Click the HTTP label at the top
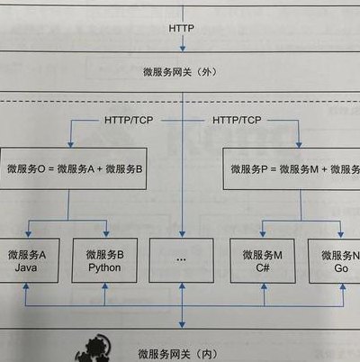pyautogui.click(x=182, y=28)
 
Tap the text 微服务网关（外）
pyautogui.click(x=180, y=72)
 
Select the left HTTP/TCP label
pyautogui.click(x=129, y=121)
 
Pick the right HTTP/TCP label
pyautogui.click(x=237, y=121)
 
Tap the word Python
pyautogui.click(x=104, y=267)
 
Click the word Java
pyautogui.click(x=26, y=267)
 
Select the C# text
pyautogui.click(x=263, y=267)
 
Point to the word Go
pyautogui.click(x=341, y=267)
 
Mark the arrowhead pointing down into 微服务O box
pyautogui.click(x=71, y=144)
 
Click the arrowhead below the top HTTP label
pyautogui.click(x=183, y=48)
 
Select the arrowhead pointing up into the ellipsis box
pyautogui.click(x=182, y=286)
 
